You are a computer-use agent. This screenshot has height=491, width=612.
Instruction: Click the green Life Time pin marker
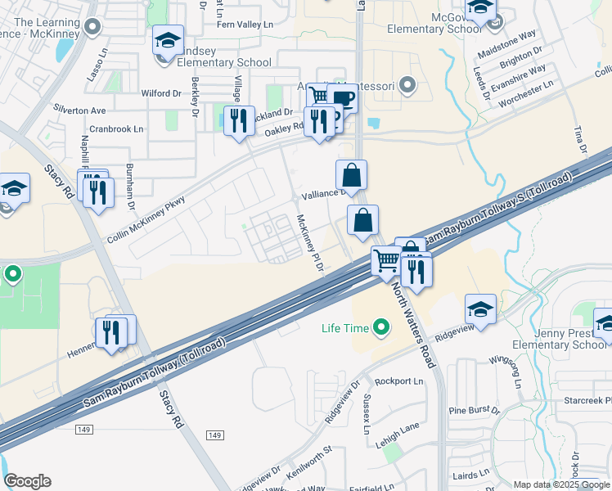[380, 329]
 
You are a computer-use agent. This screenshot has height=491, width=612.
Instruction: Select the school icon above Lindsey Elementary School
[168, 40]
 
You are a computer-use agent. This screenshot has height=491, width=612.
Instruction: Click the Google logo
[27, 481]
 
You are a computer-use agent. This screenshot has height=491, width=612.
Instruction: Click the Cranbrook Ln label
[116, 128]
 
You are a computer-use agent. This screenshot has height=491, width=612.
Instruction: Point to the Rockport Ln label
[398, 381]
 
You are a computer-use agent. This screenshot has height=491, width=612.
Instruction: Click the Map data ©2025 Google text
[561, 484]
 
